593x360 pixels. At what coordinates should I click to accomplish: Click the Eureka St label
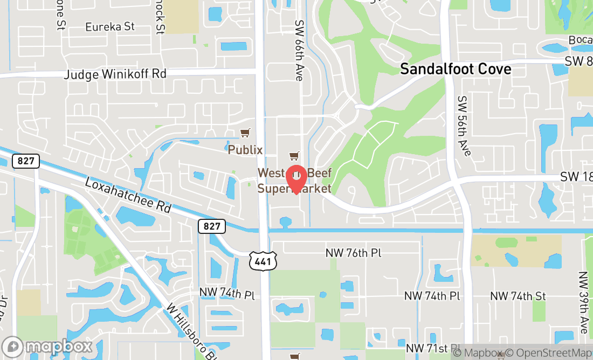click(110, 26)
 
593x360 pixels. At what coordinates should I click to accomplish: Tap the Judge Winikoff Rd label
click(115, 74)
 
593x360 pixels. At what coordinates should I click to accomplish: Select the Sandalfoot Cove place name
click(456, 69)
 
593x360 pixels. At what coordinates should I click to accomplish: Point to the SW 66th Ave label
click(299, 51)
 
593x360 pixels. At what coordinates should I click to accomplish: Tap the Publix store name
click(245, 149)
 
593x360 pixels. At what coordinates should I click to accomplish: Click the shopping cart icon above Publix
click(245, 133)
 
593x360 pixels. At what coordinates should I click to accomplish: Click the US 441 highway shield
click(263, 260)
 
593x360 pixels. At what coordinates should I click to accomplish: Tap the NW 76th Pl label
click(354, 253)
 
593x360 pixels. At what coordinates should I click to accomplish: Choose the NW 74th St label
click(518, 296)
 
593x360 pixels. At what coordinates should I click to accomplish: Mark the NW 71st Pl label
click(433, 349)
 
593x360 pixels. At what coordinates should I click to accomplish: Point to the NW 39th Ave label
click(583, 302)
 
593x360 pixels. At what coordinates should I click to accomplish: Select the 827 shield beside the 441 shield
click(212, 226)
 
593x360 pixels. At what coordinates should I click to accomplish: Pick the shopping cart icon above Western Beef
click(294, 156)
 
